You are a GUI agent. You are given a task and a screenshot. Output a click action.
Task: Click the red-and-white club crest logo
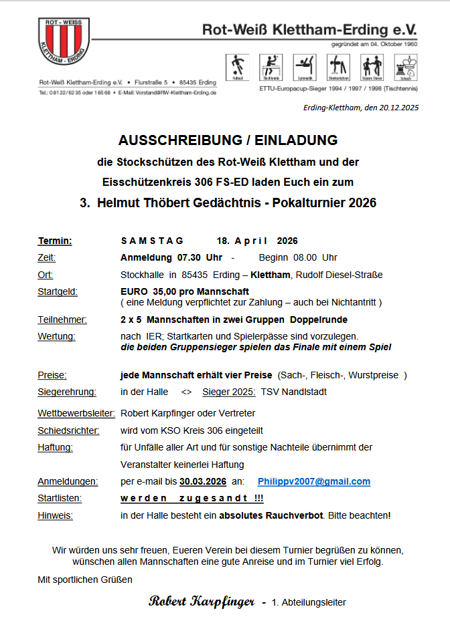click(x=64, y=42)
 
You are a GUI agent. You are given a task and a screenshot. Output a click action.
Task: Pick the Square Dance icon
click(x=372, y=66)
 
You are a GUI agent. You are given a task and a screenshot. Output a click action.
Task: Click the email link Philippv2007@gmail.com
click(x=313, y=481)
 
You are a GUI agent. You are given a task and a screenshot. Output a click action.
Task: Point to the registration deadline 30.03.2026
click(x=202, y=481)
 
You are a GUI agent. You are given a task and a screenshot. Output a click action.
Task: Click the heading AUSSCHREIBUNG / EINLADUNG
click(x=228, y=141)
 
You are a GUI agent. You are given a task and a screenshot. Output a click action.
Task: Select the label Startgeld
click(x=58, y=291)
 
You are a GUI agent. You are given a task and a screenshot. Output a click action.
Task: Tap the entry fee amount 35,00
click(x=164, y=291)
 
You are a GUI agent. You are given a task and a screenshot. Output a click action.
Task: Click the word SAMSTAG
click(x=148, y=241)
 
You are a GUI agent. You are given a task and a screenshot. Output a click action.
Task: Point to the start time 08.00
click(x=306, y=257)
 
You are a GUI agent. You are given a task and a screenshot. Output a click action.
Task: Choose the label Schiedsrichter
click(x=68, y=430)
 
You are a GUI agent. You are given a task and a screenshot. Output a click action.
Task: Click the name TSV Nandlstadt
click(x=294, y=392)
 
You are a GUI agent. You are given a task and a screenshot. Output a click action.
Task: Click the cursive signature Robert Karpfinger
click(x=202, y=602)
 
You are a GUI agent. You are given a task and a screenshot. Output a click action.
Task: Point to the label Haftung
click(x=55, y=447)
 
